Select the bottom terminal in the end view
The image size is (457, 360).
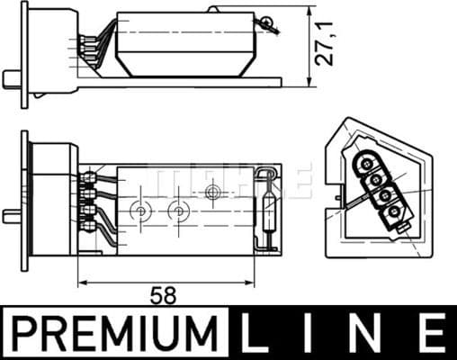point(392,213)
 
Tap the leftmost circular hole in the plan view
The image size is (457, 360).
point(139,211)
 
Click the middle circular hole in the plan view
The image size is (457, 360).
point(179,211)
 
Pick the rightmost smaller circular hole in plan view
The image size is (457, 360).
point(213,192)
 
